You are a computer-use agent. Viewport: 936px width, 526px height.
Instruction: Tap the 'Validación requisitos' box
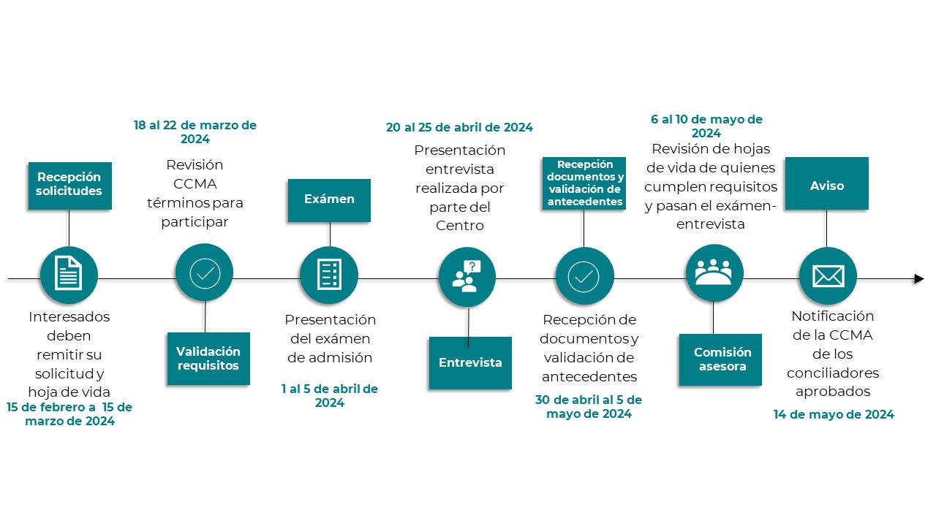coord(208,358)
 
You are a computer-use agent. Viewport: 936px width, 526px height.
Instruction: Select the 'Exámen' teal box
coord(329,199)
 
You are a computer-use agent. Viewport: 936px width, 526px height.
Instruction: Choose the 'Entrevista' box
coord(470,362)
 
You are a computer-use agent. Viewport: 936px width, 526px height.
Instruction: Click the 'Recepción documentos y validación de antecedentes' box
coord(584,183)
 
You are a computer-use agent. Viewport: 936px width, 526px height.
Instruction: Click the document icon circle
coord(69,275)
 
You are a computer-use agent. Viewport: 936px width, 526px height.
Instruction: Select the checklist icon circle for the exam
coord(328,275)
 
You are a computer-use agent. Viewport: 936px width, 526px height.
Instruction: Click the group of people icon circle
coord(714,273)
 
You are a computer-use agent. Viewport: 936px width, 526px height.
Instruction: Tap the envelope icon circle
coord(827,275)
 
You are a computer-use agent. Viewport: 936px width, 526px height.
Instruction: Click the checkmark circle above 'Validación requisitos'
coord(205,272)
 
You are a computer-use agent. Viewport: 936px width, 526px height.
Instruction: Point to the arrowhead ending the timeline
coord(919,278)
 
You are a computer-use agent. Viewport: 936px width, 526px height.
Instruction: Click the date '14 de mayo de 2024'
coord(834,414)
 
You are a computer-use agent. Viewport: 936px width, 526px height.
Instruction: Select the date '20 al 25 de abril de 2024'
coord(459,127)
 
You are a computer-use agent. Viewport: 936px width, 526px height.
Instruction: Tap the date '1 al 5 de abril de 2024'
coord(329,395)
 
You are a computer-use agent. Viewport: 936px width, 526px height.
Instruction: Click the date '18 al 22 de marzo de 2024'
coord(195,131)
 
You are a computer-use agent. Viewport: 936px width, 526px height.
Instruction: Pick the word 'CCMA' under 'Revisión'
coord(195,183)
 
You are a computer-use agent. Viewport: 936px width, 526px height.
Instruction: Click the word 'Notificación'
coord(833,316)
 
